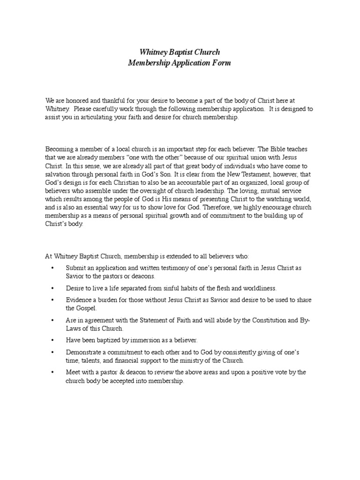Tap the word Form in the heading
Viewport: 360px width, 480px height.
(x=222, y=63)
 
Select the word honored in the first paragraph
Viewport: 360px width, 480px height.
(x=74, y=101)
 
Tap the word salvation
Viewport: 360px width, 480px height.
(x=59, y=174)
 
